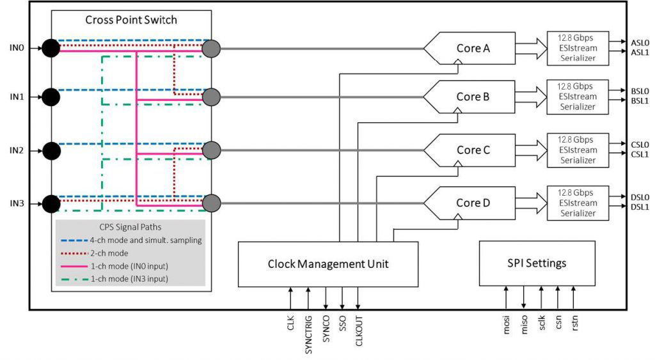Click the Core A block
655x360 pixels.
pos(470,49)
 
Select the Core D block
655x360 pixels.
pos(470,203)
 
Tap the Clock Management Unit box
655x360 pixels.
pos(328,264)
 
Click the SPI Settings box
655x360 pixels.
pos(537,263)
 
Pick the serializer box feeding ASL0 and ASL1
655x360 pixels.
pos(578,48)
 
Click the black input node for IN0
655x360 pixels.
pos(51,48)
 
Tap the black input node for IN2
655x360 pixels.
pos(51,151)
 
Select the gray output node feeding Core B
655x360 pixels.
pos(211,97)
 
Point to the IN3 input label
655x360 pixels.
pos(17,204)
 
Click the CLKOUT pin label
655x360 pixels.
pos(359,331)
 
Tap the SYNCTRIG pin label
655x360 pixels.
pos(308,335)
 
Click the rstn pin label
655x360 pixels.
pos(575,324)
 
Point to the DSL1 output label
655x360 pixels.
pos(640,207)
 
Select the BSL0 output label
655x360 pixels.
pos(640,91)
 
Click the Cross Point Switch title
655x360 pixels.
pos(131,20)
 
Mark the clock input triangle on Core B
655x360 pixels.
pos(458,110)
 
